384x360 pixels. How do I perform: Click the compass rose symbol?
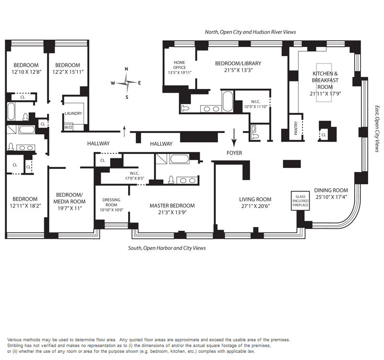[x=126, y=83]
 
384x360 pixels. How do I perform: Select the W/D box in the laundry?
[x=68, y=127]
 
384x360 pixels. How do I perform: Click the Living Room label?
[x=255, y=199]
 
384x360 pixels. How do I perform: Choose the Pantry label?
[x=296, y=129]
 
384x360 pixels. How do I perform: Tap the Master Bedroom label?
[x=172, y=205]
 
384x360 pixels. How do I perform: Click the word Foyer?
[x=234, y=153]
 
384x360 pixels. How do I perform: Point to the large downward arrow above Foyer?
[x=235, y=138]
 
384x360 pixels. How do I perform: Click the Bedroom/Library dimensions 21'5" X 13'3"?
[x=234, y=70]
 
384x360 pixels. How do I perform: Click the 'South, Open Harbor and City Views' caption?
[x=167, y=248]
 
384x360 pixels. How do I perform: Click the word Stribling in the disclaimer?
[x=16, y=346]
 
